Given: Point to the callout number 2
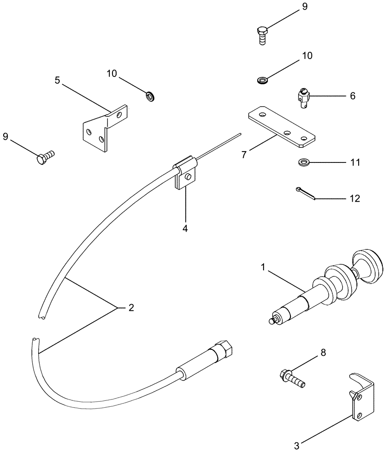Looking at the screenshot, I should tap(131, 308).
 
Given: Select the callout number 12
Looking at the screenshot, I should tap(354, 198).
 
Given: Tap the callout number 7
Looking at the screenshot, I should tap(244, 154).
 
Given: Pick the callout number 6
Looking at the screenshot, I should tap(353, 96).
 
